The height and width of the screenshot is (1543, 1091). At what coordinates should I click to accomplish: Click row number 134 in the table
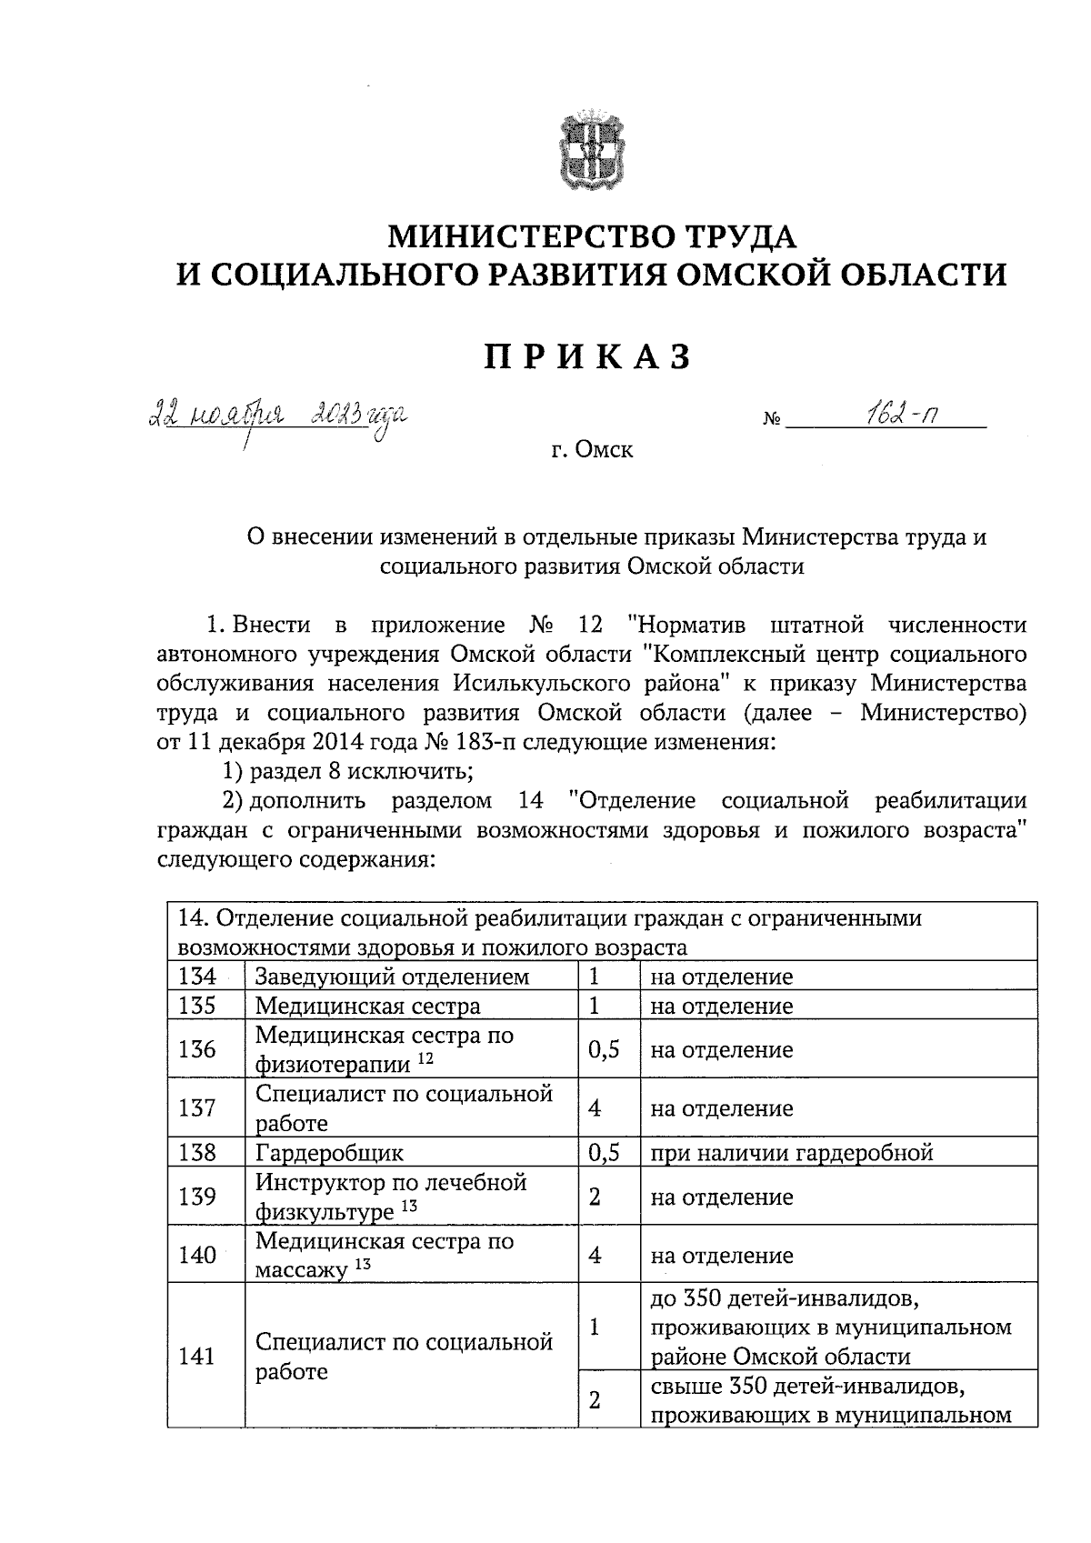click(196, 977)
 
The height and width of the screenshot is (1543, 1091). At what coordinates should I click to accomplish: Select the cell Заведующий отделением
click(391, 977)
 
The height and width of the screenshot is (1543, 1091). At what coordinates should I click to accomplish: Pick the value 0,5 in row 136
click(604, 1049)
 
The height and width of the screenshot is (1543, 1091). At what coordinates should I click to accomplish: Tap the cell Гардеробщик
click(329, 1153)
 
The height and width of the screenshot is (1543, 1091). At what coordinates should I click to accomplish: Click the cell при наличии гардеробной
click(791, 1153)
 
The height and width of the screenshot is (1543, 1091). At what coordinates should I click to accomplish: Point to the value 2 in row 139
click(595, 1197)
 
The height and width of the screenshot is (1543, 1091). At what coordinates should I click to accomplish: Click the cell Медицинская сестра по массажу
click(384, 1255)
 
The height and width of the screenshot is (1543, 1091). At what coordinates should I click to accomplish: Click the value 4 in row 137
click(595, 1108)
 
